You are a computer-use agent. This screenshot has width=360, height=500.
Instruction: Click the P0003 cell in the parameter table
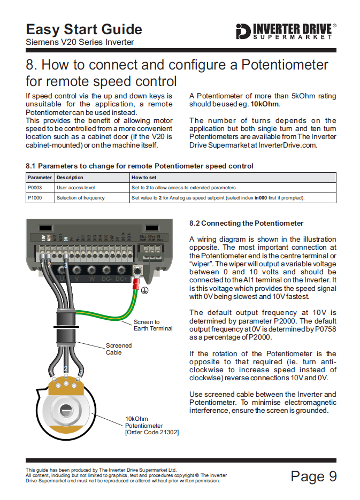(x=34, y=188)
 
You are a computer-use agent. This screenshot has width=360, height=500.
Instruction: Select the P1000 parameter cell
(x=34, y=198)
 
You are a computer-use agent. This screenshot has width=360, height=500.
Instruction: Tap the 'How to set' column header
(x=144, y=178)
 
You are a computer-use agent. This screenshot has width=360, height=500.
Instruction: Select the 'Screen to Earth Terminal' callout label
(x=153, y=325)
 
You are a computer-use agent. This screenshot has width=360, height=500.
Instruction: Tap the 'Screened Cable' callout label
(x=118, y=349)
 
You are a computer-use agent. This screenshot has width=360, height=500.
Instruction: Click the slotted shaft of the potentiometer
(x=66, y=410)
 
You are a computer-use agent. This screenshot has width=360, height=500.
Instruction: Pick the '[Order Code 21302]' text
(x=152, y=432)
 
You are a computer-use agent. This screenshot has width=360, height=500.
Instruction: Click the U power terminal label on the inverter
(x=63, y=279)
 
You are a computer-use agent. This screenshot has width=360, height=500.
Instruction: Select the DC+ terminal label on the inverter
(x=121, y=279)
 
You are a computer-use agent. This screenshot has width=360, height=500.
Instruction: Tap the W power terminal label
(x=92, y=279)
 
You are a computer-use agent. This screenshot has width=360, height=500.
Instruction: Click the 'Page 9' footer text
(x=313, y=476)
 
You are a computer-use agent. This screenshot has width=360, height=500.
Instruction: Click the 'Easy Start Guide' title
(x=84, y=29)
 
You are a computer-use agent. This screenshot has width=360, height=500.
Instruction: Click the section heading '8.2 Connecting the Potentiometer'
(x=246, y=223)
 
